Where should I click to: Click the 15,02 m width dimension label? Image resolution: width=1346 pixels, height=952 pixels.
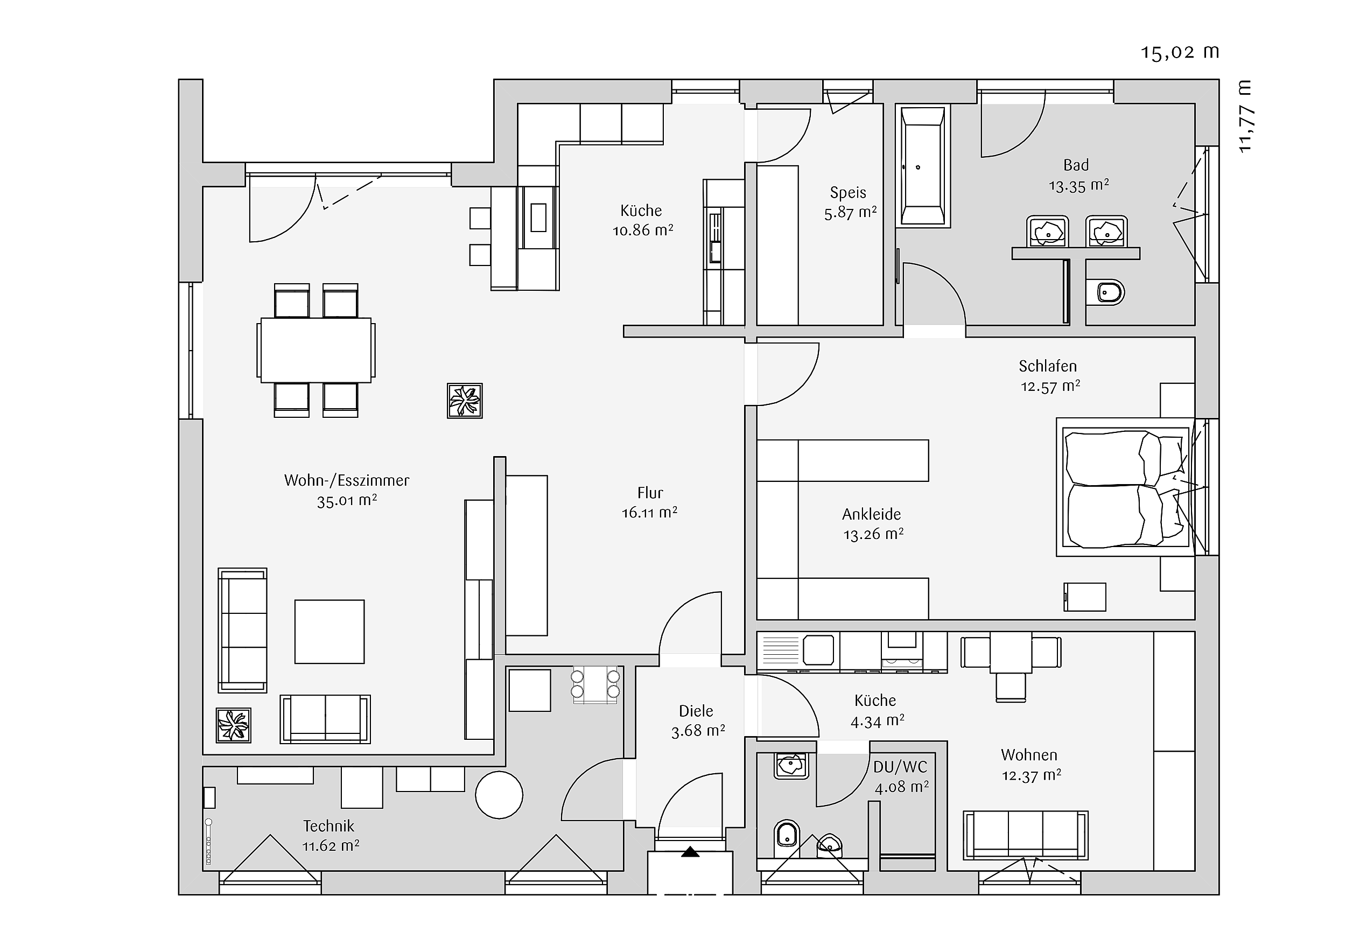tap(1180, 53)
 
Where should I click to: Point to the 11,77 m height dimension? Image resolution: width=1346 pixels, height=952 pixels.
tap(1245, 117)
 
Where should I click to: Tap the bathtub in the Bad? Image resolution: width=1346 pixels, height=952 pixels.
tap(923, 166)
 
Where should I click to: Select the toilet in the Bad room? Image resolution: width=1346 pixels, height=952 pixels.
tap(1106, 292)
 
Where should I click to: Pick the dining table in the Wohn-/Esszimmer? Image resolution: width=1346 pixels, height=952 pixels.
tap(316, 350)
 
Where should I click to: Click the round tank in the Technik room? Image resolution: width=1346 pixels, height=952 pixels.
tap(499, 795)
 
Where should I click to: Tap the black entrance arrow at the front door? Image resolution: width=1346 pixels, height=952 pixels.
tap(690, 852)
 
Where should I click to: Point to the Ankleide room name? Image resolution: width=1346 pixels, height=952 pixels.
tap(872, 514)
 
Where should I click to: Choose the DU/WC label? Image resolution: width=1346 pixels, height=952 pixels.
tap(900, 767)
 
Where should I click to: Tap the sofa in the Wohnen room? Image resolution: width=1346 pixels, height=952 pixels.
tap(1025, 835)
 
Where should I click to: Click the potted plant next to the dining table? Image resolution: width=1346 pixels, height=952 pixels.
tap(465, 401)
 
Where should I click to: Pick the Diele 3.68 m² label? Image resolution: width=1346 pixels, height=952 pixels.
tap(698, 721)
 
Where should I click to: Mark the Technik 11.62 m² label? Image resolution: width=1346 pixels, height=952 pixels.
tap(330, 835)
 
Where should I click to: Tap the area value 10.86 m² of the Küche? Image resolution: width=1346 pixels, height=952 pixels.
tap(643, 230)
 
